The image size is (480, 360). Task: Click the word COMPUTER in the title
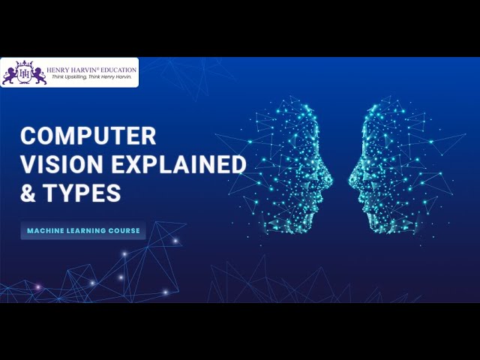[x=88, y=136]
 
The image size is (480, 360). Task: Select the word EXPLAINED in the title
[x=178, y=164]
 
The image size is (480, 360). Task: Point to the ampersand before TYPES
[x=28, y=193]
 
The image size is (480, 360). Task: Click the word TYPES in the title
[x=82, y=193]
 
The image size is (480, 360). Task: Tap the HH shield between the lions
[x=25, y=75]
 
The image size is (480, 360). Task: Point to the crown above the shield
[x=25, y=64]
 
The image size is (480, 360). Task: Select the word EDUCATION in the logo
[x=118, y=70]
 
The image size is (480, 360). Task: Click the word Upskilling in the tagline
[x=76, y=76]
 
